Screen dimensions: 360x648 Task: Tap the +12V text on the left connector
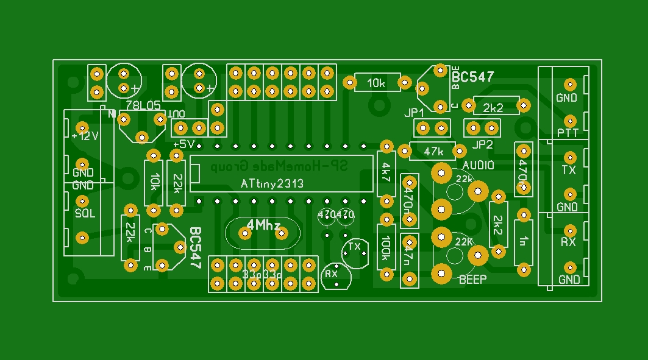click(84, 136)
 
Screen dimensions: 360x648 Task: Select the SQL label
click(85, 213)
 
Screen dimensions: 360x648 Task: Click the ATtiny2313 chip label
click(271, 183)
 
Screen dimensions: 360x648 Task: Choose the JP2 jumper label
click(482, 144)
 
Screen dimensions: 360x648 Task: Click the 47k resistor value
click(434, 150)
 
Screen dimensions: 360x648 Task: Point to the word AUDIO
click(479, 165)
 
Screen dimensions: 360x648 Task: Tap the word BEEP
click(472, 280)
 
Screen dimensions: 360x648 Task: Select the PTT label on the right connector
click(568, 133)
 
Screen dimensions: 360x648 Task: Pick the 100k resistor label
click(386, 250)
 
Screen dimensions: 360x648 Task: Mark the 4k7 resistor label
click(386, 173)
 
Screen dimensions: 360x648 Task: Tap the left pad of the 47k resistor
click(403, 150)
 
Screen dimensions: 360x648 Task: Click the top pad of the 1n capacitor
click(522, 214)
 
